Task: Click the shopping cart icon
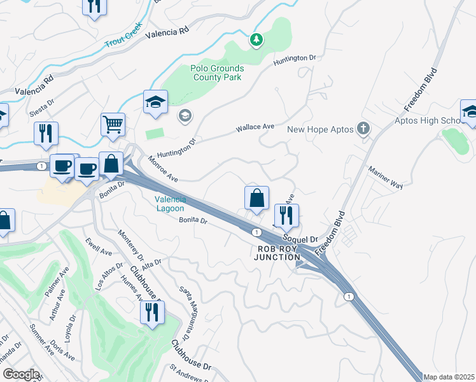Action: (113, 125)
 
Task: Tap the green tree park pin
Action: (256, 40)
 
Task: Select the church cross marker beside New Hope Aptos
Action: (363, 129)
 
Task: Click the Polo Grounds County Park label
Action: (216, 73)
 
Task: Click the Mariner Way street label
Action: (387, 178)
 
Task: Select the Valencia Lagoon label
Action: (170, 204)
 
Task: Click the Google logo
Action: (21, 374)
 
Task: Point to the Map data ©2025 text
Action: (449, 377)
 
